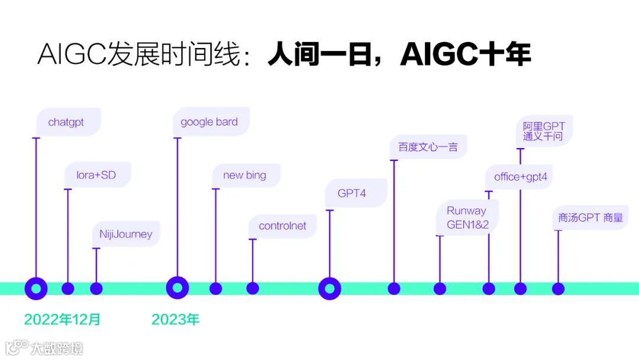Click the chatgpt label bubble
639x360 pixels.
pos(66,123)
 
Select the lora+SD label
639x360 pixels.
pos(96,175)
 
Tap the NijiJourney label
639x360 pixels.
pos(126,234)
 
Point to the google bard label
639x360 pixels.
pos(209,122)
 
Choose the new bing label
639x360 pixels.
pos(245,175)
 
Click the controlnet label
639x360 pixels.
pos(283,226)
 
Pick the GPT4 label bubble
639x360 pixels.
pos(353,194)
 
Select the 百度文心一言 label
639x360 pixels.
pos(428,147)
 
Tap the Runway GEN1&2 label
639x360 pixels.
pos(467,218)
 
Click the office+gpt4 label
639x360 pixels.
pos(521,177)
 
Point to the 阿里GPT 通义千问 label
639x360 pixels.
pos(544,131)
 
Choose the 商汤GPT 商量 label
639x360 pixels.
pos(590,217)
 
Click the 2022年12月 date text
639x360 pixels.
pos(63,320)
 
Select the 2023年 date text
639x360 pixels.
pos(175,320)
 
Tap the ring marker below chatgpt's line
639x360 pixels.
pos(36,288)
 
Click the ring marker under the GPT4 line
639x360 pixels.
pos(330,288)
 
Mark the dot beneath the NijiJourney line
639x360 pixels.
pos(96,288)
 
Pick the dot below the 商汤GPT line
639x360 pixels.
pos(558,288)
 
